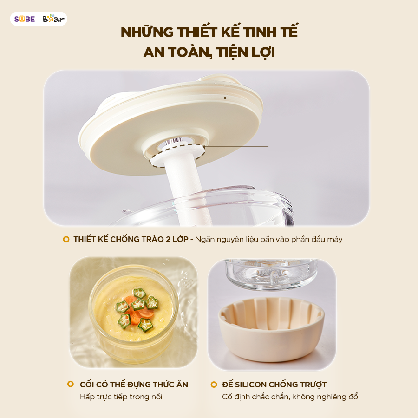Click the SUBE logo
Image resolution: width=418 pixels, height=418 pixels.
click(25, 19)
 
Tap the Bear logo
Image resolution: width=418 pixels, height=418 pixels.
click(53, 19)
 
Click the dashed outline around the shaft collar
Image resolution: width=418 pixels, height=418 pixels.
click(177, 156)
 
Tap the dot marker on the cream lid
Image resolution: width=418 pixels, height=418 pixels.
click(225, 98)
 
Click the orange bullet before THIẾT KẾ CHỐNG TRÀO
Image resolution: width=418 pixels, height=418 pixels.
click(66, 239)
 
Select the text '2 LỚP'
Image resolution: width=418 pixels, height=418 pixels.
click(177, 239)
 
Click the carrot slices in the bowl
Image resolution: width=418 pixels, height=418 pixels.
click(136, 309)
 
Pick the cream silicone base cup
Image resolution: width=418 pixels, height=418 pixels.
click(271, 329)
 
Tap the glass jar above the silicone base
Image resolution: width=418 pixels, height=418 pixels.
click(271, 275)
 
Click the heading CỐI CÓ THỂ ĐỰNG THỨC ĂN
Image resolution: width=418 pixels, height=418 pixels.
click(134, 385)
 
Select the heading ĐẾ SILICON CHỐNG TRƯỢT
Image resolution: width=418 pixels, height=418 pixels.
click(274, 385)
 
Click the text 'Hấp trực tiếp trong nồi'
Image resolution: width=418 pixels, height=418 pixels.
click(121, 397)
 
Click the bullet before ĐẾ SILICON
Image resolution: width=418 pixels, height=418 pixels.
click(214, 385)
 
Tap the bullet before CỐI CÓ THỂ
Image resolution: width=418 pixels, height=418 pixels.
click(71, 384)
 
